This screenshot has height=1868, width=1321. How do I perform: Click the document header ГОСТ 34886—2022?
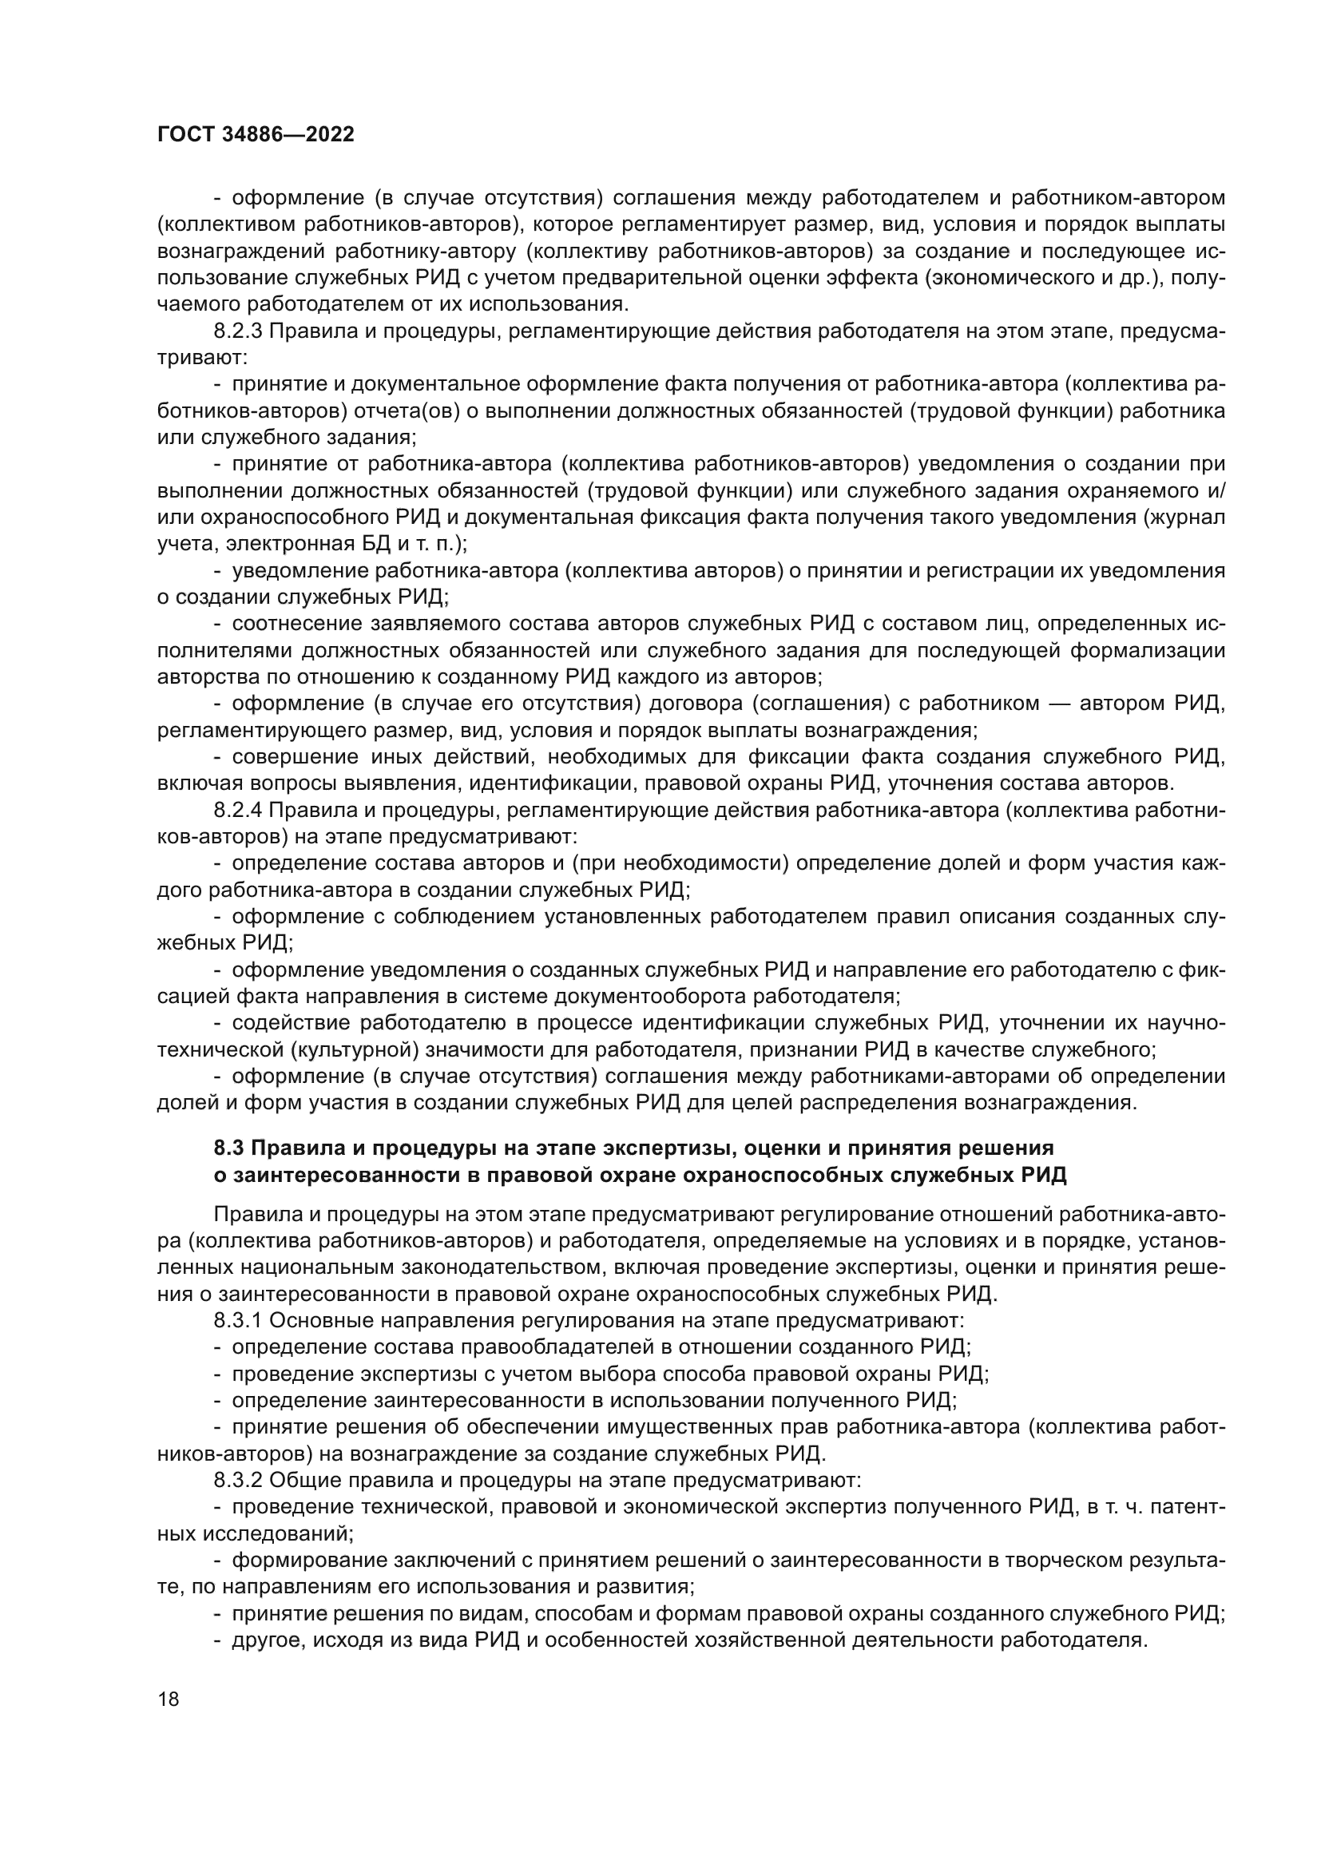coord(256,135)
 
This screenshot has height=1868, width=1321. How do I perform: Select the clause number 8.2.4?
coord(237,811)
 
